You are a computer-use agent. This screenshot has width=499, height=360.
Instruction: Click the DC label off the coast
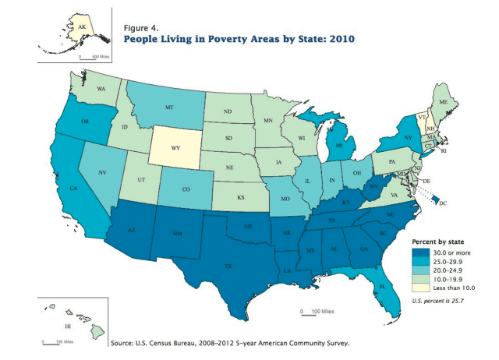pyautogui.click(x=442, y=204)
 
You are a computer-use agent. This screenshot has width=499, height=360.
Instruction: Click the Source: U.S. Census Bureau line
pyautogui.click(x=231, y=342)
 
